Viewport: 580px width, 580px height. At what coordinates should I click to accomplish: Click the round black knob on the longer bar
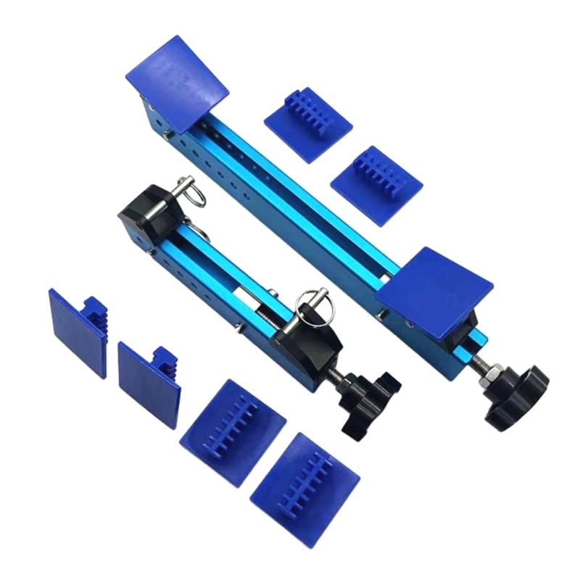[x=516, y=395]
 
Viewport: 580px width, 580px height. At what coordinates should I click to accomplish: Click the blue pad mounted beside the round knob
[x=434, y=290]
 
